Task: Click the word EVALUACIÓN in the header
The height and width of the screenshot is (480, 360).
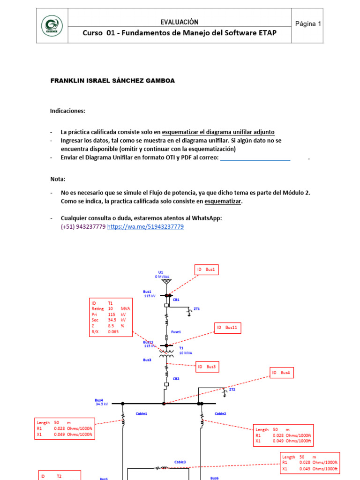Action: [180, 22]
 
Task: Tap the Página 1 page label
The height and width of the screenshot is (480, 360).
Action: [308, 24]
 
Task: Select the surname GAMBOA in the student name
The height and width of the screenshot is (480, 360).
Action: [159, 81]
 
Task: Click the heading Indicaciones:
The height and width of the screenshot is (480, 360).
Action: [68, 111]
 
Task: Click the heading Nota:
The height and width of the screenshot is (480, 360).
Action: [58, 179]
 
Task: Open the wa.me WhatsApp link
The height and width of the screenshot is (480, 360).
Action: [145, 226]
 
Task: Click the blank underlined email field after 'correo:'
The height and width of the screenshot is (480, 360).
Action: [255, 158]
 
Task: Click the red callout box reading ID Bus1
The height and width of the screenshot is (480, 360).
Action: [207, 270]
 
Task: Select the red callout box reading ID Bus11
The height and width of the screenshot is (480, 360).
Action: [228, 328]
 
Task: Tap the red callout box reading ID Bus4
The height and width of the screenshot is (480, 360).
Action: [282, 373]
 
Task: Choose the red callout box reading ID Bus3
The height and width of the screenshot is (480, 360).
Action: [206, 367]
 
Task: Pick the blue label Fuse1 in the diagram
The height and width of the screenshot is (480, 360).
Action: [176, 332]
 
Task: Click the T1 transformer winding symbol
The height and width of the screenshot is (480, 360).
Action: [166, 352]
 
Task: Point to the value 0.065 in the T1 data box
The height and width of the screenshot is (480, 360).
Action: [113, 332]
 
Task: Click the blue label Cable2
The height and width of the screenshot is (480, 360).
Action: [220, 413]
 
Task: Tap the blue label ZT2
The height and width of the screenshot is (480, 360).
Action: [232, 390]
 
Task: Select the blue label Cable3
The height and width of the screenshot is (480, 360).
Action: [180, 462]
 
